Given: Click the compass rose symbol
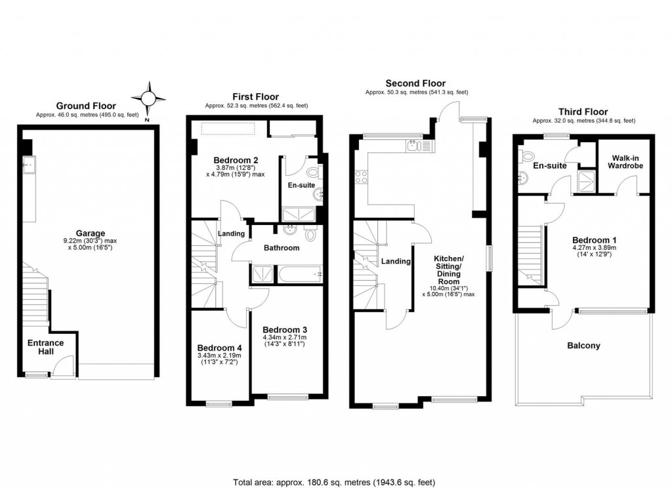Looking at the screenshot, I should coord(148,99).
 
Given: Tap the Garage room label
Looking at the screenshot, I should coord(86,232).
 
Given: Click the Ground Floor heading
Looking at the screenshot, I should coord(86,106).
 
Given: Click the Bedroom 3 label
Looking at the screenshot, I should coord(284,329).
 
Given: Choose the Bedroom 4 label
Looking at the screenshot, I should coord(220,348).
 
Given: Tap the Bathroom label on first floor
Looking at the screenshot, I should coord(282,248).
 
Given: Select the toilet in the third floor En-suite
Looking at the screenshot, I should coord(526,156).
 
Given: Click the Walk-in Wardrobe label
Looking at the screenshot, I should coord(627,162).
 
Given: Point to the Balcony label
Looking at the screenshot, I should coord(583,345).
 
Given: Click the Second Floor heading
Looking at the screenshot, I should coord(415,83).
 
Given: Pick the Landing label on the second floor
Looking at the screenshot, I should coord(396,261).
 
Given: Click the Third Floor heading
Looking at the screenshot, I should coord(583,112).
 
